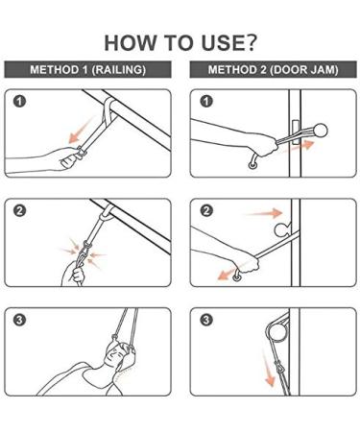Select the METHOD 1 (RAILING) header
89,70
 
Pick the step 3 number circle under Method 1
21,320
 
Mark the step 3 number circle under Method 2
204,320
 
